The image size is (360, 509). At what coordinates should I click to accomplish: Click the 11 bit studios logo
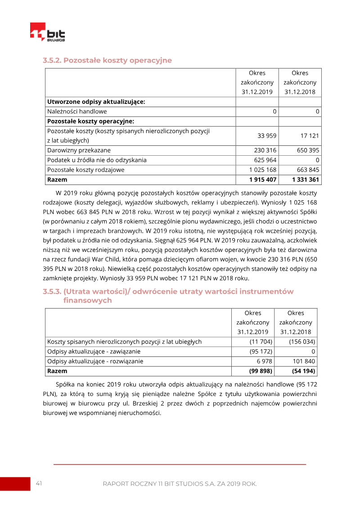(47, 32)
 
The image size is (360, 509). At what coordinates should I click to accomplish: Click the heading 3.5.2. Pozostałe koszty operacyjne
(107, 60)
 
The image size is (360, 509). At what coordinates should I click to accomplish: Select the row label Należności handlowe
(77, 111)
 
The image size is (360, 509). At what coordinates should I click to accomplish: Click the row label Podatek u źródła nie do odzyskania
(97, 160)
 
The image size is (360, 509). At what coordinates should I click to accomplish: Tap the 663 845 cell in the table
(308, 170)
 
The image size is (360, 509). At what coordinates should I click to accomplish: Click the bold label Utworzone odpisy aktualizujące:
(96, 102)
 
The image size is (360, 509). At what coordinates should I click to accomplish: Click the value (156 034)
(302, 342)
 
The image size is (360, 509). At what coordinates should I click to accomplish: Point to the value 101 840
(304, 361)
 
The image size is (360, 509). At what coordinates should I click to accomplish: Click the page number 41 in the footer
(39, 483)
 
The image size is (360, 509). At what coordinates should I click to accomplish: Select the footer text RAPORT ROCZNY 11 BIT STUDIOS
(180, 484)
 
